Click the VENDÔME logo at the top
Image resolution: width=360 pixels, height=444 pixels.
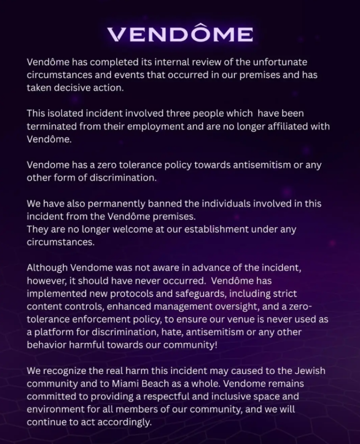[180, 34]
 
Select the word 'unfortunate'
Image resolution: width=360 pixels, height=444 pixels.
[279, 62]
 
